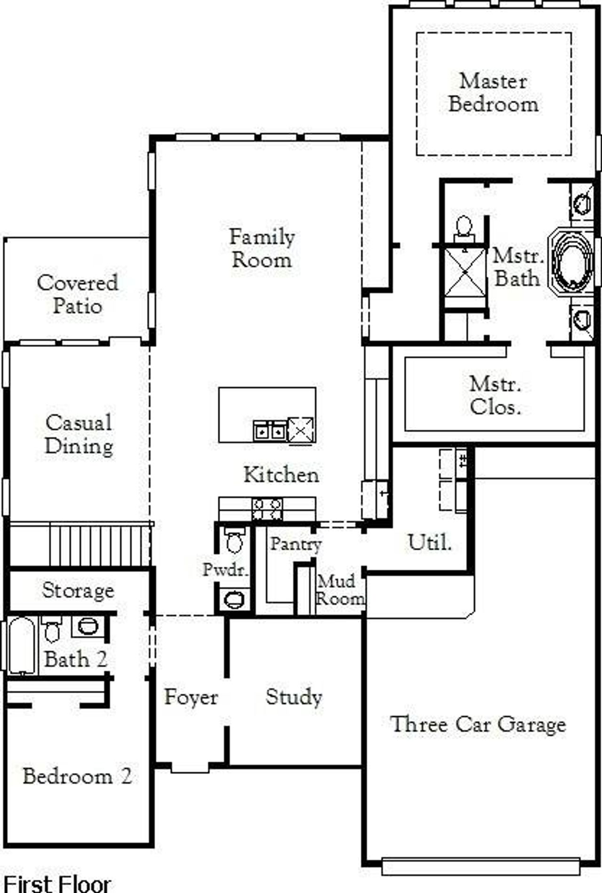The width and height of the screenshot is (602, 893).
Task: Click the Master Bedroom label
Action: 493,93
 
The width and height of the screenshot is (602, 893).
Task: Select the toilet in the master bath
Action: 463,227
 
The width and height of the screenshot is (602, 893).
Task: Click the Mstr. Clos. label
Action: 495,395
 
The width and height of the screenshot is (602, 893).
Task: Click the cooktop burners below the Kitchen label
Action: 267,509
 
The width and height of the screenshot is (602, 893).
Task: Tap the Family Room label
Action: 262,248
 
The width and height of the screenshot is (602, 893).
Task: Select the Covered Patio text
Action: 78,294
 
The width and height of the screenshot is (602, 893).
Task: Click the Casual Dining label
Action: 79,434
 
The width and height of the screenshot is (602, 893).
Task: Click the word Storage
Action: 78,590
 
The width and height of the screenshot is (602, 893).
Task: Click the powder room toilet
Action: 234,540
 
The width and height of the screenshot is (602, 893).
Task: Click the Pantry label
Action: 295,544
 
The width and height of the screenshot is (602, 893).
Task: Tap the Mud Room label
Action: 340,590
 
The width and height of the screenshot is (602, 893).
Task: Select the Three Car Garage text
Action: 478,724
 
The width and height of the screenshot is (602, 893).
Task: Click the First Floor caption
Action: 56,883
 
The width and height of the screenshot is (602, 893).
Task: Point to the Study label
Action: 293,697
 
